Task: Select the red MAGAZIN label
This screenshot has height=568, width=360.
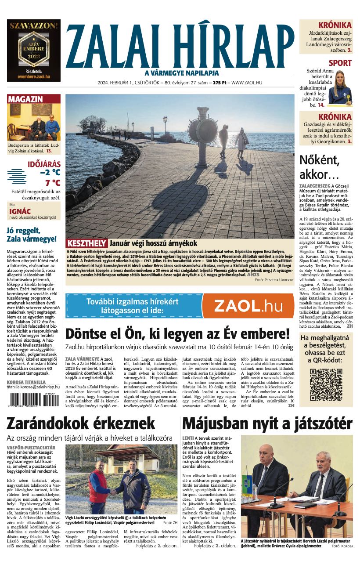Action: pyautogui.click(x=25, y=99)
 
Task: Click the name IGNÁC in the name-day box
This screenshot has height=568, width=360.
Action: pyautogui.click(x=20, y=211)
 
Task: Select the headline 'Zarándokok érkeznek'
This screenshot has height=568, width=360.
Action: pyautogui.click(x=81, y=424)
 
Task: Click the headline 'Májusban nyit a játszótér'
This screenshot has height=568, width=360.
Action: pyautogui.click(x=267, y=424)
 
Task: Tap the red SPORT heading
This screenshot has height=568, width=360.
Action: pyautogui.click(x=340, y=63)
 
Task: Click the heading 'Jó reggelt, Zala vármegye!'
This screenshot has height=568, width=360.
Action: pyautogui.click(x=32, y=235)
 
